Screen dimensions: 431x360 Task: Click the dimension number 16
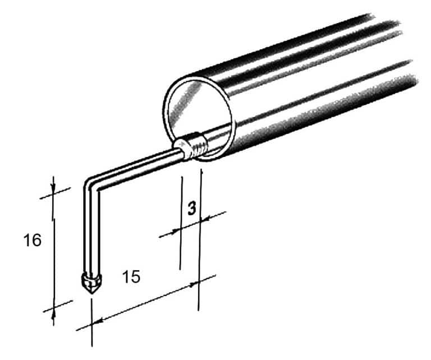(33, 240)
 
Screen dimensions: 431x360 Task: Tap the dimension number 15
(131, 276)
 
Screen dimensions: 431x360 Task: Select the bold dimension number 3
(192, 208)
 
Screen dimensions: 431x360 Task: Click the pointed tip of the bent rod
(92, 294)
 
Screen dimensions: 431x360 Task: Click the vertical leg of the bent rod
(91, 230)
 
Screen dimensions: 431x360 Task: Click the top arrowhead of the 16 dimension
(53, 188)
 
